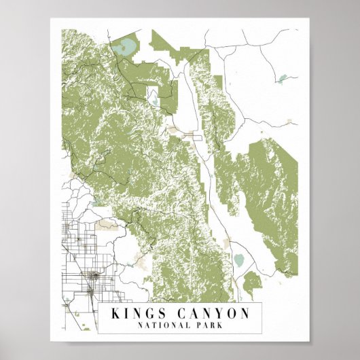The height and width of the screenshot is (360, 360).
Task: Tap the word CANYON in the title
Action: (209, 313)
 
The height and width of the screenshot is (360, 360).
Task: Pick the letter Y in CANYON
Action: (216, 313)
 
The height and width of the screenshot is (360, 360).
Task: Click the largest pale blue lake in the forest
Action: (126, 48)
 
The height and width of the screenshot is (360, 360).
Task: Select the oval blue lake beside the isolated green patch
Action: (239, 260)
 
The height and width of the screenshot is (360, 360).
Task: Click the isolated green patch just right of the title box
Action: (252, 280)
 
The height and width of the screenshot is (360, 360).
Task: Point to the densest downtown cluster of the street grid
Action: (92, 276)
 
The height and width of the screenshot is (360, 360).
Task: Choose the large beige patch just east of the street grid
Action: (105, 223)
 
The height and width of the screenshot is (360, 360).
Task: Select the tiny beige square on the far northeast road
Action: (289, 122)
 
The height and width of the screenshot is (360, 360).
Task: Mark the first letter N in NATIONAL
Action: (139, 325)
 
